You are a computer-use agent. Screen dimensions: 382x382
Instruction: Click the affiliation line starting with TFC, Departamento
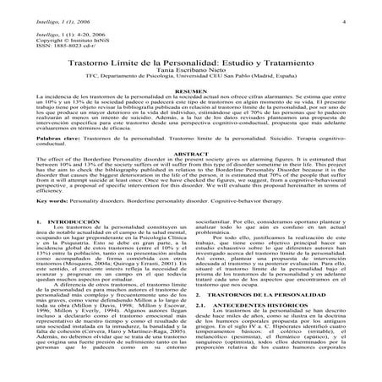190,80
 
